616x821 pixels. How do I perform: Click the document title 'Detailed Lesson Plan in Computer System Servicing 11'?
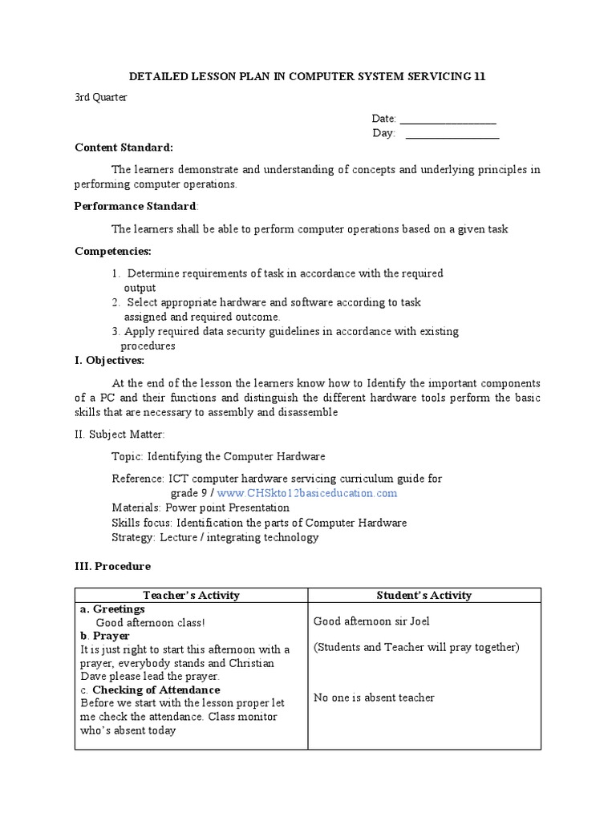[x=308, y=76]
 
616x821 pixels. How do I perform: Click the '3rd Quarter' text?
[x=100, y=98]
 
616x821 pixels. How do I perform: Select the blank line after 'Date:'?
[x=448, y=119]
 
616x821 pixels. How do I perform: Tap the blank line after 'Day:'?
[x=452, y=134]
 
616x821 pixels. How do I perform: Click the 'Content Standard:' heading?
[x=124, y=148]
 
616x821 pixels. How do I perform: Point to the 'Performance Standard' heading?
[x=135, y=206]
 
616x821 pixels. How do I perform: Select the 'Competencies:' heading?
[x=112, y=251]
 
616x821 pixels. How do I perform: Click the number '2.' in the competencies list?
[x=116, y=302]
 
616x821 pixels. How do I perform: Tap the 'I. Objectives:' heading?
[x=109, y=361]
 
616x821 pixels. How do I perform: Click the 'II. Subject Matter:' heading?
[x=120, y=435]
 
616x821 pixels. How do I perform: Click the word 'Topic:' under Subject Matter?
[x=128, y=456]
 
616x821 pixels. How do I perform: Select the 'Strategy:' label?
[x=133, y=537]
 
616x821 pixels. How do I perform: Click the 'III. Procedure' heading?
[x=112, y=566]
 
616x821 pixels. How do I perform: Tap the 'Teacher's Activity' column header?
[x=191, y=595]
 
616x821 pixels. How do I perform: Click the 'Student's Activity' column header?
[x=424, y=595]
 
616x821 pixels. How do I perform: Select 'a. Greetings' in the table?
[x=112, y=609]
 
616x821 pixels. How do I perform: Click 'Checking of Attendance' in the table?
[x=156, y=690]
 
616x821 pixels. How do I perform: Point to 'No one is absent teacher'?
[x=374, y=698]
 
